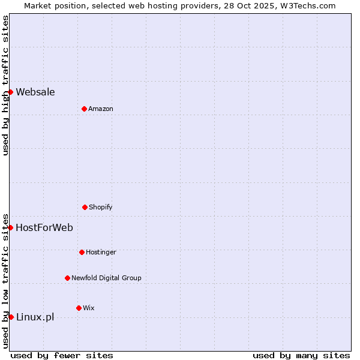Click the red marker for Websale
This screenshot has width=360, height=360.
(x=10, y=92)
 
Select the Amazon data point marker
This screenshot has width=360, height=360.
(x=84, y=109)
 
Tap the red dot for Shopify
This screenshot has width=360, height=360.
(x=85, y=207)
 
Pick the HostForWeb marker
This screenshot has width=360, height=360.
(x=10, y=227)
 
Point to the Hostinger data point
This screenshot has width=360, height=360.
(x=82, y=252)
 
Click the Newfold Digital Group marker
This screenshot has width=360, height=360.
(x=67, y=278)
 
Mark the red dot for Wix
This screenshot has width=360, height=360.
(x=79, y=308)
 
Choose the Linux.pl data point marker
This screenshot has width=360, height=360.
(x=10, y=317)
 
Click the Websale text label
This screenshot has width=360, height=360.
(x=35, y=92)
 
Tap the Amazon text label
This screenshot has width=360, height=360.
(x=101, y=109)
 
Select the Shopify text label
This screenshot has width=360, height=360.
(x=101, y=207)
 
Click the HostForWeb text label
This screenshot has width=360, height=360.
(x=44, y=227)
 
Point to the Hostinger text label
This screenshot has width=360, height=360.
(x=101, y=252)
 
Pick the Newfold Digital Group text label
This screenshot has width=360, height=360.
(x=106, y=278)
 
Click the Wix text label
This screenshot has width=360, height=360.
(x=89, y=308)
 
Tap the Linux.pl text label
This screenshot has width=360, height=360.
(x=35, y=317)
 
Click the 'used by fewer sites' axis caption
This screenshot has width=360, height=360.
(x=62, y=355)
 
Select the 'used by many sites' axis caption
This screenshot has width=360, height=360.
(x=301, y=355)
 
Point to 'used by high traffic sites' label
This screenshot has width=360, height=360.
(x=5, y=85)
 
